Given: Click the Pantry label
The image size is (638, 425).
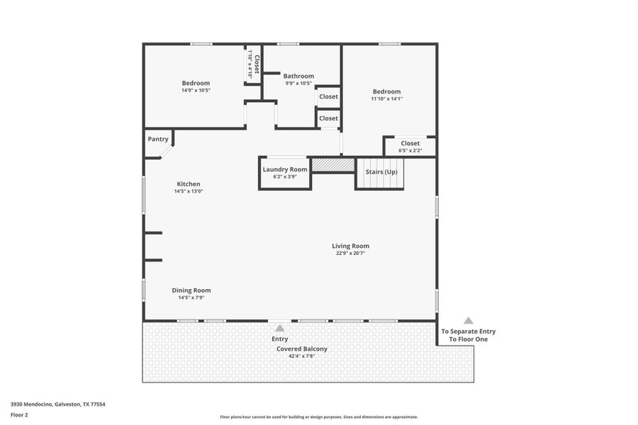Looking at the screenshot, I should pyautogui.click(x=157, y=139).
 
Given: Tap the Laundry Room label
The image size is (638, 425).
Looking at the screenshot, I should pyautogui.click(x=285, y=169).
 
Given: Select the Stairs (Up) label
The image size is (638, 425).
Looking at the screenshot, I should pyautogui.click(x=381, y=172).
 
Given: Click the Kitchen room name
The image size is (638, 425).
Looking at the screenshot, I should pyautogui.click(x=189, y=184).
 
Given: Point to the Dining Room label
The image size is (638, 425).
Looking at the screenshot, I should pyautogui.click(x=191, y=290).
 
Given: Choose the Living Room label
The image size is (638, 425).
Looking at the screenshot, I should pyautogui.click(x=350, y=246).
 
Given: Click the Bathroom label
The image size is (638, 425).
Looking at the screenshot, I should pyautogui.click(x=298, y=76).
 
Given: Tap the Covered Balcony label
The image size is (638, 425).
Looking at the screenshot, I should pyautogui.click(x=301, y=348).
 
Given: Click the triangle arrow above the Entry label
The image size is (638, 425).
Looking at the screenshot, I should pyautogui.click(x=280, y=328).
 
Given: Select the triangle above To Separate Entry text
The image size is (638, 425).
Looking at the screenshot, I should pyautogui.click(x=468, y=321).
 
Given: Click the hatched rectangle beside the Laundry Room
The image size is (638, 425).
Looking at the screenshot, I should pyautogui.click(x=333, y=164).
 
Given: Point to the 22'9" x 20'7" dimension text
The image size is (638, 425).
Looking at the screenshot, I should pyautogui.click(x=350, y=253).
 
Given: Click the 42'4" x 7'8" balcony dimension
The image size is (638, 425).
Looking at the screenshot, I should pyautogui.click(x=301, y=356).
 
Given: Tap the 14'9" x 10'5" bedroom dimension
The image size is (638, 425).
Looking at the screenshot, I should pyautogui.click(x=196, y=90).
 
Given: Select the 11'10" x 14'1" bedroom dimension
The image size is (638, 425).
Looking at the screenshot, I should pyautogui.click(x=387, y=98).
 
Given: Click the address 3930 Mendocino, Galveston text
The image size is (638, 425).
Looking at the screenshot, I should pyautogui.click(x=58, y=404).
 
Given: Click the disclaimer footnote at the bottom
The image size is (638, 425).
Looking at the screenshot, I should pyautogui.click(x=319, y=417).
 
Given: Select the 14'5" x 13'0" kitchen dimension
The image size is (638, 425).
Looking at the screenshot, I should pyautogui.click(x=189, y=191).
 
